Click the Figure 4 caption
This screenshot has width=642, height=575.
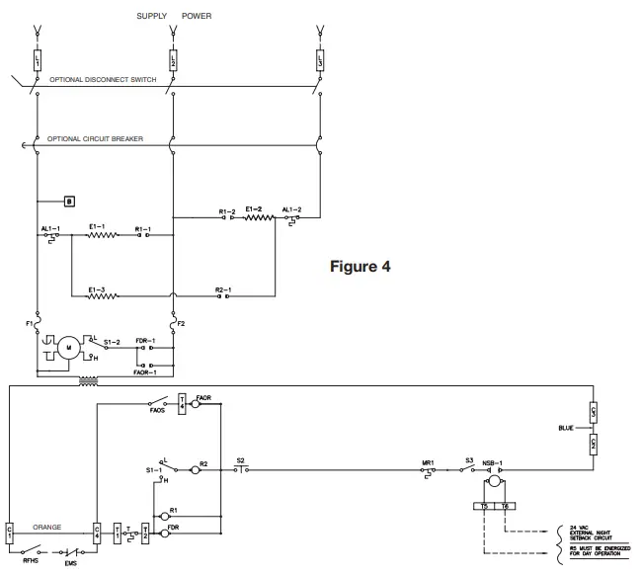pyautogui.click(x=360, y=267)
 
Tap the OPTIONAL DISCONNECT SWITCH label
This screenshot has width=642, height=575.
pyautogui.click(x=102, y=79)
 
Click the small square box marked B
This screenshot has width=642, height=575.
pyautogui.click(x=69, y=201)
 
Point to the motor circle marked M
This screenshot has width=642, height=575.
pyautogui.click(x=69, y=347)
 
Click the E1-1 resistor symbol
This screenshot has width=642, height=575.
pyautogui.click(x=102, y=235)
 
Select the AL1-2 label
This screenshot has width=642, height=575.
pyautogui.click(x=291, y=209)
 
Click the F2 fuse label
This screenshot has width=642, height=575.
pyautogui.click(x=181, y=322)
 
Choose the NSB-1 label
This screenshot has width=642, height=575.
pyautogui.click(x=493, y=460)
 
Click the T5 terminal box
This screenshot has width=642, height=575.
pyautogui.click(x=483, y=506)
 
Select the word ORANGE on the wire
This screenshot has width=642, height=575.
pyautogui.click(x=47, y=527)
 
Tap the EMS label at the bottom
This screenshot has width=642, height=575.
pyautogui.click(x=70, y=563)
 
